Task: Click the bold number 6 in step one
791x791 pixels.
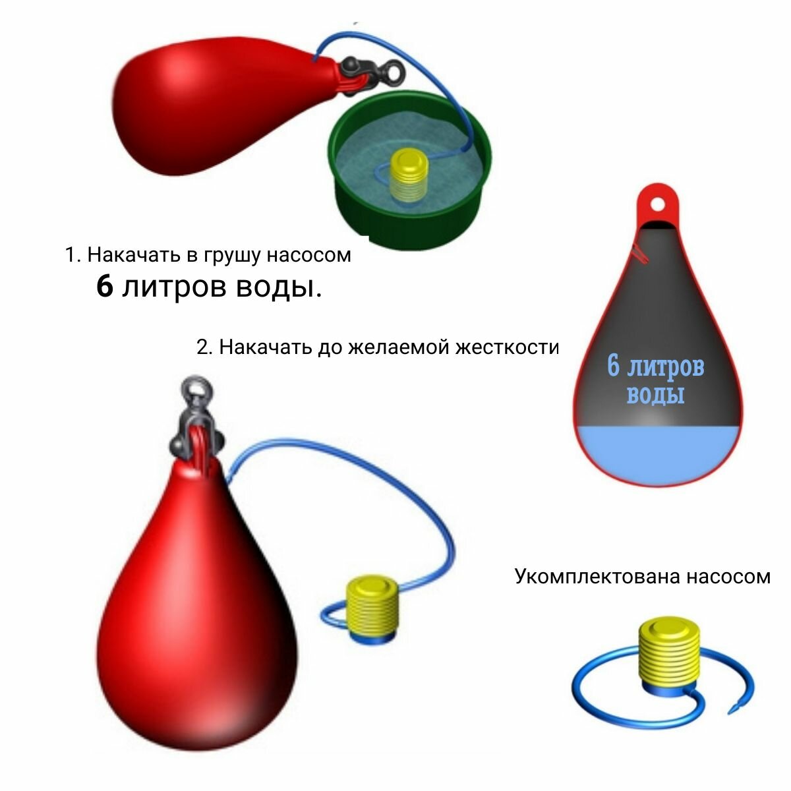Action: [105, 287]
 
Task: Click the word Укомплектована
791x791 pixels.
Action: [597, 576]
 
